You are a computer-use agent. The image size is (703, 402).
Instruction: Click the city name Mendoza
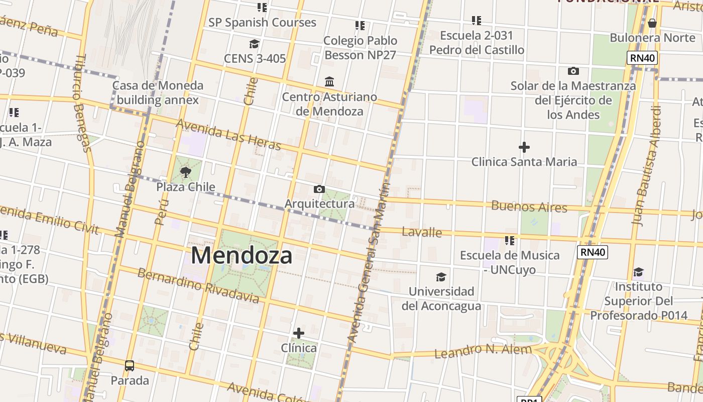coord(241,255)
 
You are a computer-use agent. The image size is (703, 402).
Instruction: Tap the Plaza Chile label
coord(186,187)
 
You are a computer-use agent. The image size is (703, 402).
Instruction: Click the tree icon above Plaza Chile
coord(186,172)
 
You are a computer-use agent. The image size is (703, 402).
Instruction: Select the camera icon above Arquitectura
coord(319,189)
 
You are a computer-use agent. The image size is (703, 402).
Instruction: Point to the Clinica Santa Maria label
coord(524,162)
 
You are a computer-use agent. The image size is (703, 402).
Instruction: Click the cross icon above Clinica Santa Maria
coord(524,147)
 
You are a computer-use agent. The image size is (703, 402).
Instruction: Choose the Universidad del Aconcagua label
coord(441,298)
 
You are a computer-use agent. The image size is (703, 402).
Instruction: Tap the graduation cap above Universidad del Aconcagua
coord(441,277)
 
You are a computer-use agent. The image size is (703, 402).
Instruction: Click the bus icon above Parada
coord(130,365)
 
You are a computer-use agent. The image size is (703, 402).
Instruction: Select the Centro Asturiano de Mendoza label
coord(329,104)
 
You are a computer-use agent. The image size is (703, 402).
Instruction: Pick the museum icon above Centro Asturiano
coord(329,81)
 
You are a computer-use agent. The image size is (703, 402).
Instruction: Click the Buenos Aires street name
coord(529,207)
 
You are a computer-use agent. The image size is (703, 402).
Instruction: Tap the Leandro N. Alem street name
coord(483,351)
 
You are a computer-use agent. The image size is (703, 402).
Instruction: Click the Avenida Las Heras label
coord(228,135)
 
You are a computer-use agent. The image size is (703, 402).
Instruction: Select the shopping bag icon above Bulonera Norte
coord(652,23)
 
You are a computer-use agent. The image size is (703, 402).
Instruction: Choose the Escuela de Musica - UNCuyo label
coord(509,262)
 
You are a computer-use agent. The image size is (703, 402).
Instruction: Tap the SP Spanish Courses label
coord(262,23)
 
